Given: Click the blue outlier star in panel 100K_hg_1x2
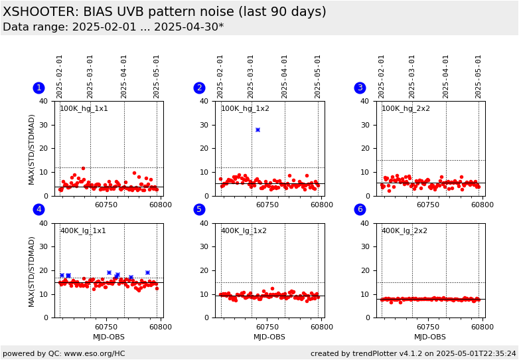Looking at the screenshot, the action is (x=258, y=130).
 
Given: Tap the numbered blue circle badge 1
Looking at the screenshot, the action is (x=39, y=88).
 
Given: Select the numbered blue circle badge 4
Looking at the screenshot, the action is (x=39, y=209).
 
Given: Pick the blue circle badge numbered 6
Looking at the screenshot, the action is (x=360, y=209).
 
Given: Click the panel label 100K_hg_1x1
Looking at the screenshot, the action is (x=84, y=108).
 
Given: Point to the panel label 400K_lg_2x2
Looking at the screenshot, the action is (x=404, y=230).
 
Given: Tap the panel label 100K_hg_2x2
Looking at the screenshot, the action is (x=406, y=108).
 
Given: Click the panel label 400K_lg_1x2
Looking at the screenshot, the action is (x=244, y=230).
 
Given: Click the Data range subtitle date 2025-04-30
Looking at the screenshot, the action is (x=186, y=27).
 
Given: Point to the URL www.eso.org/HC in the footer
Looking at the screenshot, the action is (x=95, y=353).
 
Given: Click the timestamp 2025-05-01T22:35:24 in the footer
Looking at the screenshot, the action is (x=477, y=353).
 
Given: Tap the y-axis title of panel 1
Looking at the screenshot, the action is (x=31, y=149).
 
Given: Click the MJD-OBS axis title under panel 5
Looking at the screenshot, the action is (x=269, y=337).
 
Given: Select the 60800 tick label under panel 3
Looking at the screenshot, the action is (x=482, y=205).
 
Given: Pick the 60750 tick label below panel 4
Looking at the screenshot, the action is (x=106, y=327).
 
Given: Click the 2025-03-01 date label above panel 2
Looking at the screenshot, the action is (x=251, y=77).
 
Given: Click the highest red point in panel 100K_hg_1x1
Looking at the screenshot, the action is (x=83, y=168).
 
